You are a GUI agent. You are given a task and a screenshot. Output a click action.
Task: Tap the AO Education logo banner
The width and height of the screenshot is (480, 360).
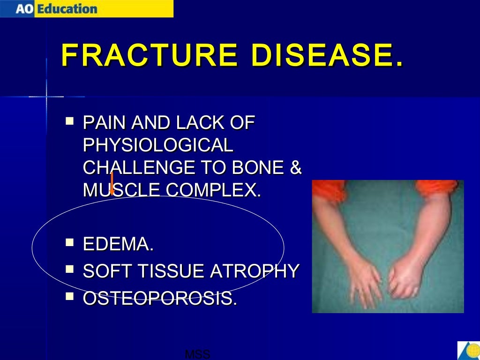pyautogui.click(x=87, y=8)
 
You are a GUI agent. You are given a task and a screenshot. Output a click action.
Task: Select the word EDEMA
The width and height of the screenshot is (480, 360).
pyautogui.click(x=118, y=244)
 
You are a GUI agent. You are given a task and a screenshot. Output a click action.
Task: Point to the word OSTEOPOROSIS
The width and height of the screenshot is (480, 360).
pyautogui.click(x=159, y=299)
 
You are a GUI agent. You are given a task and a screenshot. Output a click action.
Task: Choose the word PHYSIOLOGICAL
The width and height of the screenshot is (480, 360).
pyautogui.click(x=157, y=145)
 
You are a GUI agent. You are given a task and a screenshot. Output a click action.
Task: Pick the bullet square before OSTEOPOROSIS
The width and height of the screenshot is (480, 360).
pyautogui.click(x=70, y=296)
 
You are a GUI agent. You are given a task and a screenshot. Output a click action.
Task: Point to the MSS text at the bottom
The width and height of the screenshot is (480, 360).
pyautogui.click(x=197, y=354)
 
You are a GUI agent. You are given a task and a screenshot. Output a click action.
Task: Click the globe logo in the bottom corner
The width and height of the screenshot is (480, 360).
pyautogui.click(x=469, y=350)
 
